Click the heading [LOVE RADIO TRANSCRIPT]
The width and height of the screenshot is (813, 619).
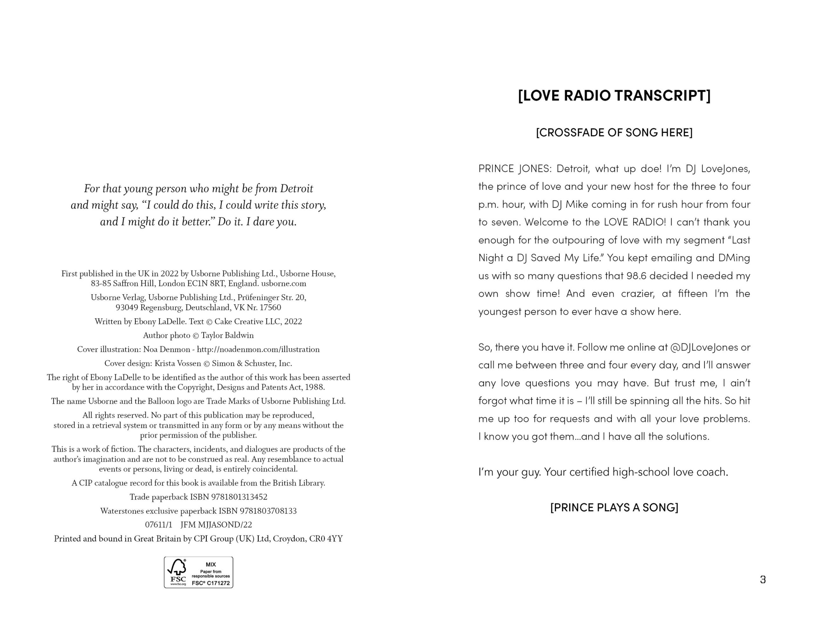[x=614, y=96]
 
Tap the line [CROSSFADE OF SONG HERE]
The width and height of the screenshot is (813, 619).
[x=614, y=133]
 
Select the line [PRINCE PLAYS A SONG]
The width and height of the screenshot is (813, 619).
[x=614, y=507]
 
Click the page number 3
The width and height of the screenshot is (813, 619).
[x=763, y=580]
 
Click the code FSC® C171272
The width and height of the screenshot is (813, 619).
[x=211, y=583]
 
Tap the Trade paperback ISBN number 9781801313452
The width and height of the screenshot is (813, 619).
[x=239, y=497]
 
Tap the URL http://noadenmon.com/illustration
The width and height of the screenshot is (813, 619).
[x=258, y=349]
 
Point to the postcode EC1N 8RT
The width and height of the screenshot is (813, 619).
[x=208, y=283]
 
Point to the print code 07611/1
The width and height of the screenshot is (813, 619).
[x=158, y=525]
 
